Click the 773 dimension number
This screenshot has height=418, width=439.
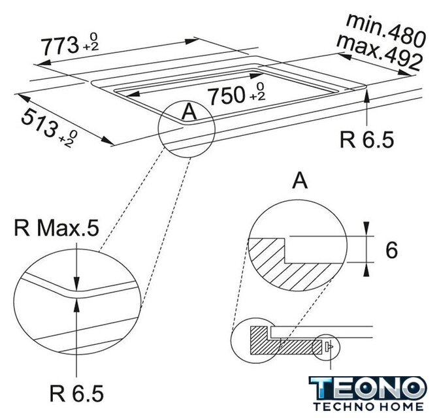[59, 46]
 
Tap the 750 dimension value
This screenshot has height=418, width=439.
[227, 95]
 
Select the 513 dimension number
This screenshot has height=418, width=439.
[40, 123]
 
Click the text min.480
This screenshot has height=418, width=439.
[386, 29]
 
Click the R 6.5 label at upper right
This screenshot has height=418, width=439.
[366, 139]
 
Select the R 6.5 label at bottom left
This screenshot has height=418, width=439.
[76, 393]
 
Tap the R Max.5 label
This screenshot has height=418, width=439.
[56, 228]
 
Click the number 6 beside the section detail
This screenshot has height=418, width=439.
[391, 250]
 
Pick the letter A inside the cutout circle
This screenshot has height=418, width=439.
[189, 112]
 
